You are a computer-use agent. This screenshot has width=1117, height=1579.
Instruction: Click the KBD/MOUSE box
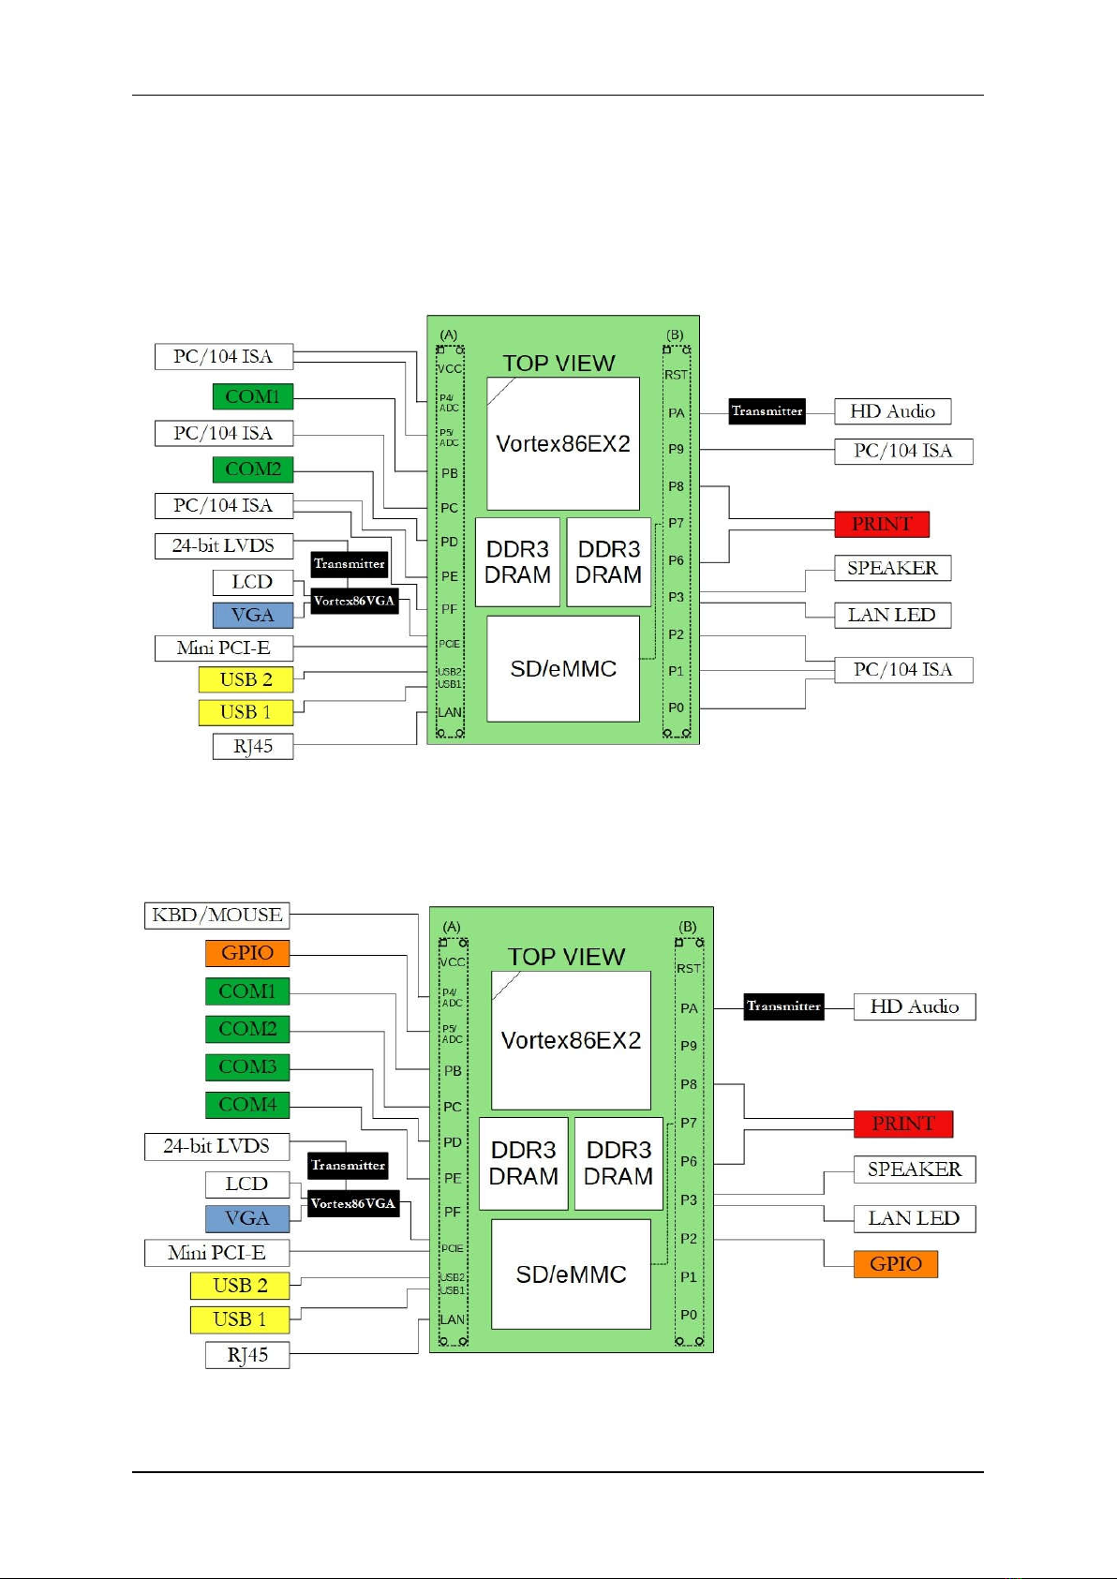[x=216, y=915]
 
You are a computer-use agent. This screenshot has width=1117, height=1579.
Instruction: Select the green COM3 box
[x=247, y=1066]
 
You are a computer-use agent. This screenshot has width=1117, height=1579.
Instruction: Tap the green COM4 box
[x=247, y=1105]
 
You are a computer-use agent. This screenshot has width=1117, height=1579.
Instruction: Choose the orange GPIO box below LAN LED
[x=896, y=1264]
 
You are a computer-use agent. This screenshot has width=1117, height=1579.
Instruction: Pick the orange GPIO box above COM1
[x=247, y=953]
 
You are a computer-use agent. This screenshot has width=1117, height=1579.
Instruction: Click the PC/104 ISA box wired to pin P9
[x=903, y=451]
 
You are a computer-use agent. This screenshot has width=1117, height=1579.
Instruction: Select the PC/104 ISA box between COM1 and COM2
[x=223, y=433]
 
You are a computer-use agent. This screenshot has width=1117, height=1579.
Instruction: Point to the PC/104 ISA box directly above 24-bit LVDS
[x=223, y=506]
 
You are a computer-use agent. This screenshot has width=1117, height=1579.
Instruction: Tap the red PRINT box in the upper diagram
[x=882, y=524]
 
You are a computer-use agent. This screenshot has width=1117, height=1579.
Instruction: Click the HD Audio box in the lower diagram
[x=915, y=1006]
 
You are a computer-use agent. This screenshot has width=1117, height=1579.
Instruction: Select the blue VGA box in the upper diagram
[x=252, y=615]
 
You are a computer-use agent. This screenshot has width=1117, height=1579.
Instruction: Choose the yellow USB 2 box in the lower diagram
[x=240, y=1285]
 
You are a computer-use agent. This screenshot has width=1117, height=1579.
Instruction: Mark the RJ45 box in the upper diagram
[x=253, y=746]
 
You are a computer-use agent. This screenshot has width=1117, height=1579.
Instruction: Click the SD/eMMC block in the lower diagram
[x=571, y=1274]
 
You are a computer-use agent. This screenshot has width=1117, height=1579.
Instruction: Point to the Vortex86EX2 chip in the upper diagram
[x=563, y=443]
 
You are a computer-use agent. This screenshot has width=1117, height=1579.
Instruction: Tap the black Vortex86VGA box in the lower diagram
[x=353, y=1203]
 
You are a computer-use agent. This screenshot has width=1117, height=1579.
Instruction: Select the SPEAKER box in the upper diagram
[x=892, y=568]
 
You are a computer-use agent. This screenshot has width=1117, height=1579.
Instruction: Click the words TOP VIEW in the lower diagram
[x=566, y=957]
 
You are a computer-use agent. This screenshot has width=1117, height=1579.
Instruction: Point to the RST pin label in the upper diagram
[x=676, y=375]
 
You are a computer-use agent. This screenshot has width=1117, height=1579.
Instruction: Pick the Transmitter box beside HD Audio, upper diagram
[x=767, y=411]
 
